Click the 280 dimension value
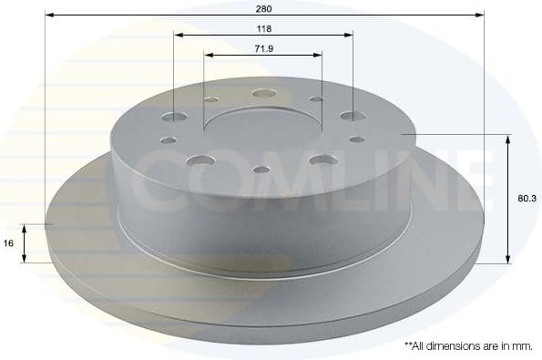[x=264, y=7]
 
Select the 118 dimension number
[x=263, y=28]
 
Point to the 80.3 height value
[x=524, y=196]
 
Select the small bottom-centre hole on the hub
[x=261, y=170]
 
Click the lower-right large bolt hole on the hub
[x=321, y=159]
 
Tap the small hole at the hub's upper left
[x=211, y=99]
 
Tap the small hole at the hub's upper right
[x=316, y=98]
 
